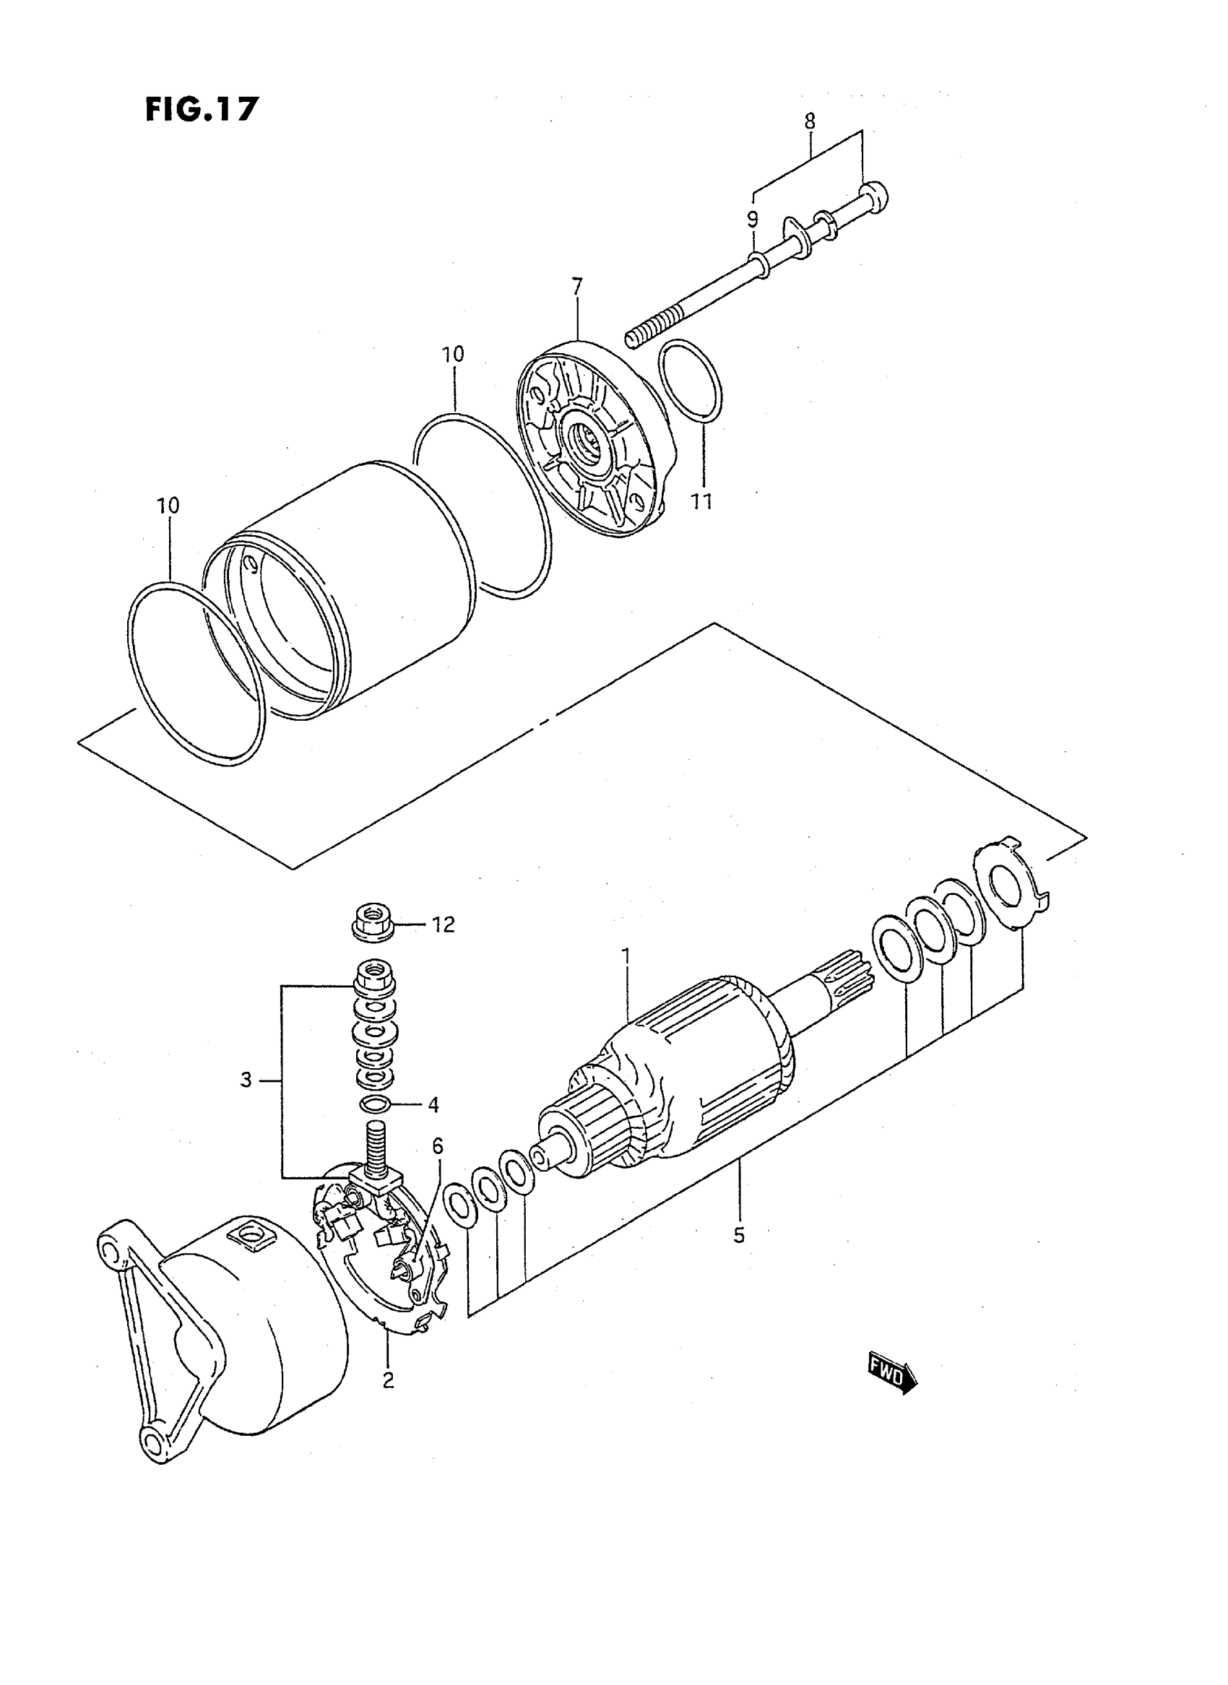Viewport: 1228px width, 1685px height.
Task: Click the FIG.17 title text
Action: [x=202, y=109]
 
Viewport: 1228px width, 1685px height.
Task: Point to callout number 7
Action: [x=578, y=286]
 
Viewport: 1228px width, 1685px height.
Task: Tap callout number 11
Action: [x=701, y=502]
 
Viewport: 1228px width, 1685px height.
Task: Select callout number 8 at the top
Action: [x=810, y=120]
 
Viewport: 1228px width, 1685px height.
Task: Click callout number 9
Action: [x=752, y=219]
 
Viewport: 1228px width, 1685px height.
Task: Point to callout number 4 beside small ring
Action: [x=433, y=1125]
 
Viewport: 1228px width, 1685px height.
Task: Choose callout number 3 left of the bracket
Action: [x=246, y=1079]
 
